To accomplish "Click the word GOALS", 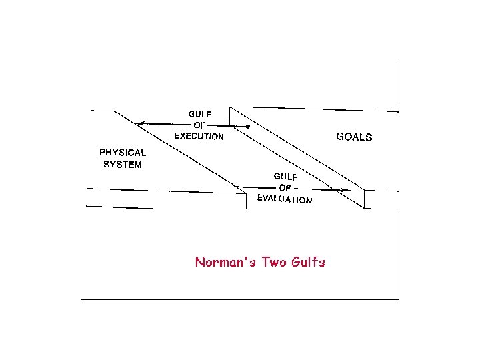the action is point(354,137).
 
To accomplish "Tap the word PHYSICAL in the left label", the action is point(123,152).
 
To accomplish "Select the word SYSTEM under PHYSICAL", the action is point(123,165).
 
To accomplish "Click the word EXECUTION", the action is point(199,137).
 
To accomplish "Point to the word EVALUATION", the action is point(285,198).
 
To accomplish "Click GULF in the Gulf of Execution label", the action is point(199,114).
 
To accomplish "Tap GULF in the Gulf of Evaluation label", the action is point(286,176).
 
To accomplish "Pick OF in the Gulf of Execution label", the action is point(199,125).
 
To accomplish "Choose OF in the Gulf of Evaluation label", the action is point(285,187).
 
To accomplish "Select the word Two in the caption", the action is point(274,262).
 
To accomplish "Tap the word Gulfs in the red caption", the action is point(308,262).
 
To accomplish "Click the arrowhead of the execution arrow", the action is point(139,123).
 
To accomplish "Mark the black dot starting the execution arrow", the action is point(248,126).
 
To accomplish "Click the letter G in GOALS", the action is point(340,137).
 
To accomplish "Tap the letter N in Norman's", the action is point(199,262).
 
